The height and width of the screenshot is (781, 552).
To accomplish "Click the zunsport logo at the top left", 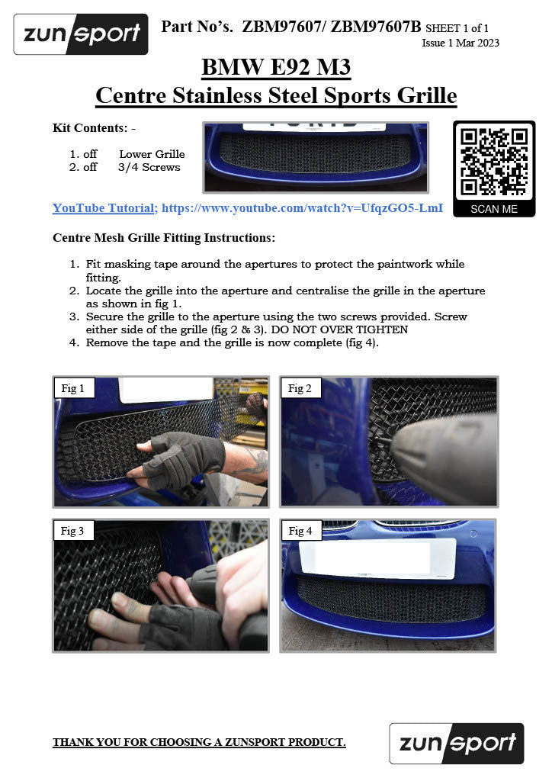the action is (x=81, y=34).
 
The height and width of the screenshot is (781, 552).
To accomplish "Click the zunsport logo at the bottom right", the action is (x=457, y=743).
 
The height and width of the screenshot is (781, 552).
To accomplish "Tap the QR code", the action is (x=494, y=162).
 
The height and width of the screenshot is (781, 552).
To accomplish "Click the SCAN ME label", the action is (x=494, y=209).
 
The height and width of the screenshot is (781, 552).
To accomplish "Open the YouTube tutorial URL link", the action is (x=302, y=208).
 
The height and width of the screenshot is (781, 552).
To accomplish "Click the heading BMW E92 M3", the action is (x=276, y=67).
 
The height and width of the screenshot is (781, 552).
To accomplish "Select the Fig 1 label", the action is (x=72, y=388).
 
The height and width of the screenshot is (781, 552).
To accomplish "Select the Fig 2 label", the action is (x=300, y=388).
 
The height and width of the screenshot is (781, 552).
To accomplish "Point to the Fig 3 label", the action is (x=72, y=531).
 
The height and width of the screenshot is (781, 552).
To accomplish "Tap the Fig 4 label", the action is (x=300, y=531).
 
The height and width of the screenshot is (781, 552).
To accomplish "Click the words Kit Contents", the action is (x=90, y=128).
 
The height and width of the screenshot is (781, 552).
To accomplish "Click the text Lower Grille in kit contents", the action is (x=152, y=154).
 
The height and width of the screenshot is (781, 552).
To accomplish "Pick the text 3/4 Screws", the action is (x=149, y=167).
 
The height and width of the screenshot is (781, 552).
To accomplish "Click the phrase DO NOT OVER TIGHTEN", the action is (x=339, y=329).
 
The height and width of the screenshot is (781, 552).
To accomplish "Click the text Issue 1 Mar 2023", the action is (x=461, y=43).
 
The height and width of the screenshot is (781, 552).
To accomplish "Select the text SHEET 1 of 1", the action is (x=457, y=28).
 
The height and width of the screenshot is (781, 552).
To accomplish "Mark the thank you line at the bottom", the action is (x=199, y=742).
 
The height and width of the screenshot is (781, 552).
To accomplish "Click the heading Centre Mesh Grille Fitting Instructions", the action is (x=164, y=238).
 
